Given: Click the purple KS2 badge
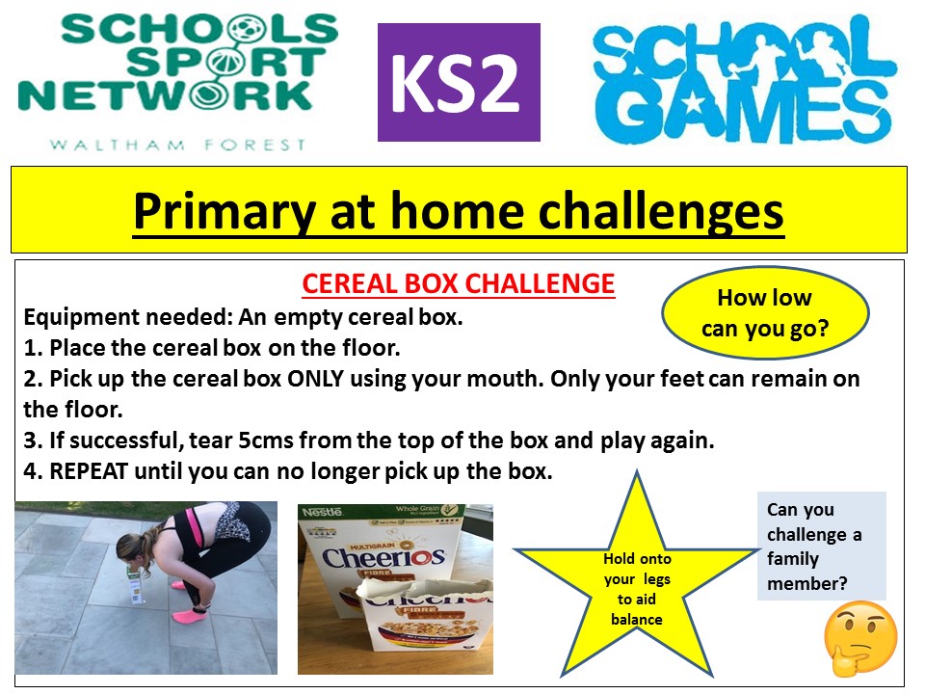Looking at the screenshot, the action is coord(459,82).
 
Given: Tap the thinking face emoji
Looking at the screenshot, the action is coord(860,638).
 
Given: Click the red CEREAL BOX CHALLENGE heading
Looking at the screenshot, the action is coord(459,283).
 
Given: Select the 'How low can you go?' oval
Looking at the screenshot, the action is coord(765,312).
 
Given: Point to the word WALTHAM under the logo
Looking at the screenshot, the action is coord(118,145).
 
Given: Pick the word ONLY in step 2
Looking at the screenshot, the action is coord(315,378).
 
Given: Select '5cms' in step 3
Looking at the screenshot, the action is coord(266,440).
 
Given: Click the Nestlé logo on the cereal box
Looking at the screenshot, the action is coord(322,512).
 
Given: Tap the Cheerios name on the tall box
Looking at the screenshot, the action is coord(383,556).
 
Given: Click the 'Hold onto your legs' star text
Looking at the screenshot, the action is coord(637,588).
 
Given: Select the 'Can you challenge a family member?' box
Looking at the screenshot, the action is coord(822,546).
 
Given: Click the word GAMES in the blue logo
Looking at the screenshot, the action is coord(747,113).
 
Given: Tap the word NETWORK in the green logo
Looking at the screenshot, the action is coord(166,95).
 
